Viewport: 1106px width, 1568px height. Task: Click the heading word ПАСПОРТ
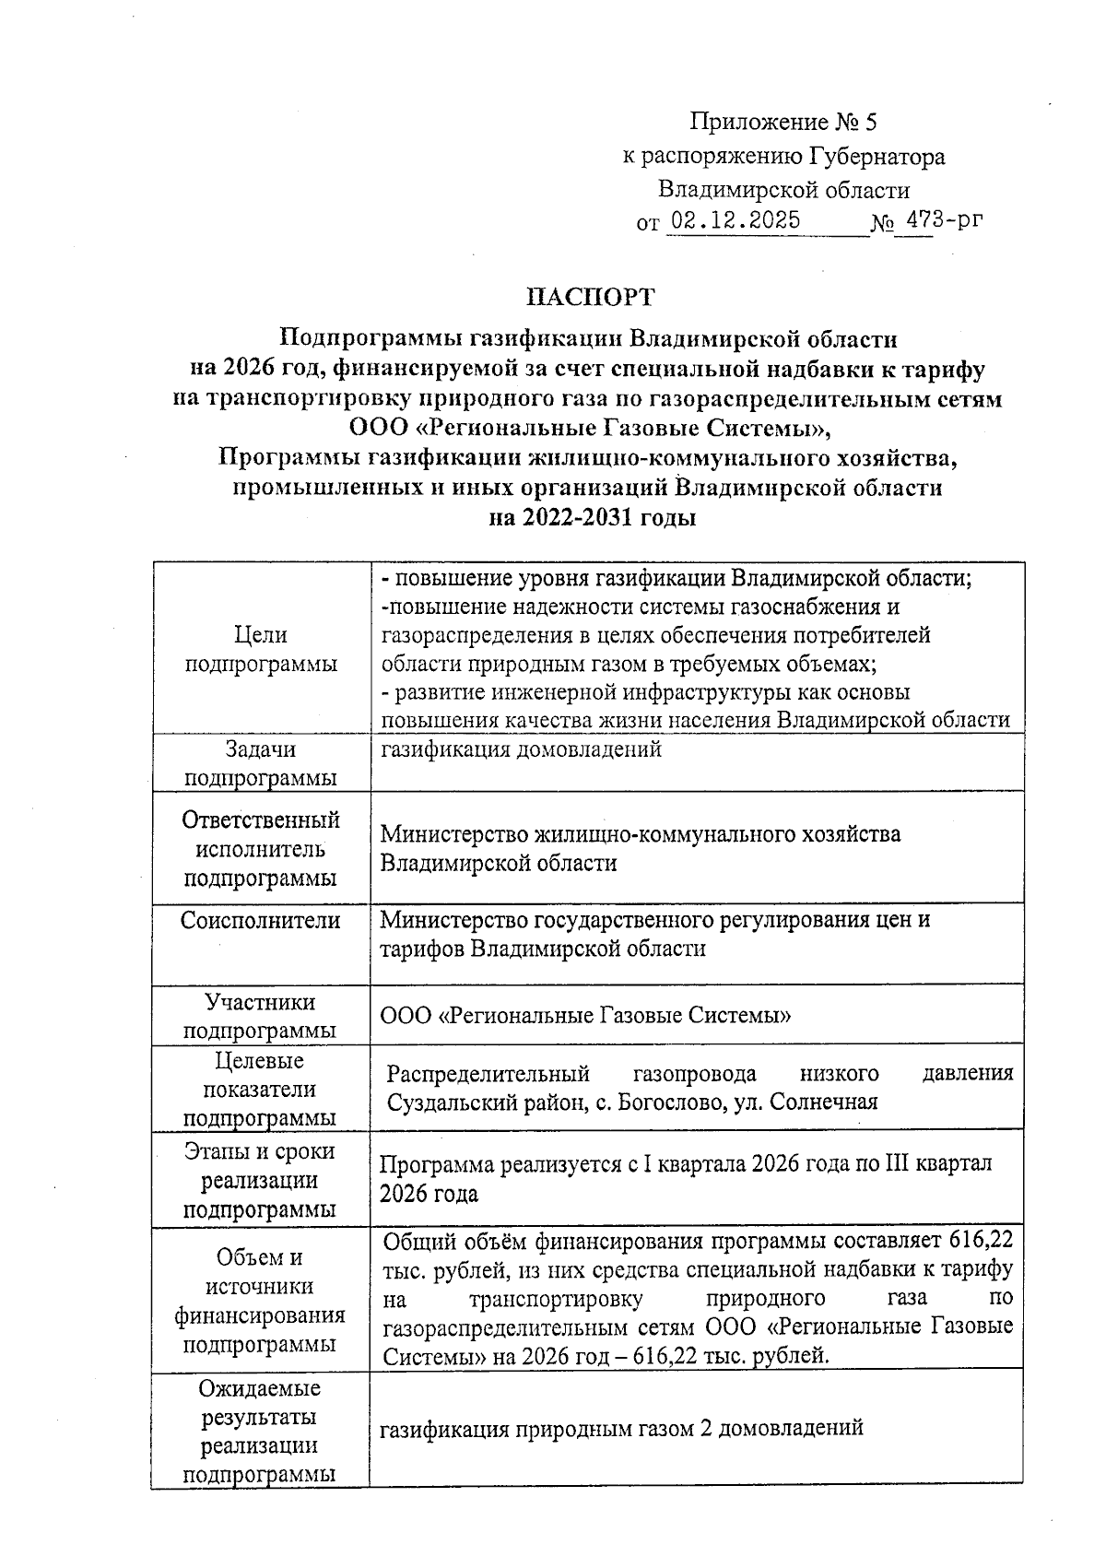coord(589,297)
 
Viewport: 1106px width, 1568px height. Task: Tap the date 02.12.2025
coord(735,221)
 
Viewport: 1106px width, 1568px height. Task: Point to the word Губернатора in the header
coord(877,157)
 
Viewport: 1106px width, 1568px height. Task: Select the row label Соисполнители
coord(260,920)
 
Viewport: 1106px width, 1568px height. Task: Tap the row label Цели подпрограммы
coord(260,649)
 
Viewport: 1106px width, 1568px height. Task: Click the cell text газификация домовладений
coord(521,749)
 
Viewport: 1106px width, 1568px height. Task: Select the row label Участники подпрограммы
coord(260,1016)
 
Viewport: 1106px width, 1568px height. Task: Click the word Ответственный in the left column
coord(260,819)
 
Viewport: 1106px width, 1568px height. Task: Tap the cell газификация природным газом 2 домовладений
coord(621,1428)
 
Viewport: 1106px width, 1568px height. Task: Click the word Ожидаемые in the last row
coord(260,1387)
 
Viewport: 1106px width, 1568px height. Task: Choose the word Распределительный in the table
coord(488,1073)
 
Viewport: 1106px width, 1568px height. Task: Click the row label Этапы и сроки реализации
coord(260,1179)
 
